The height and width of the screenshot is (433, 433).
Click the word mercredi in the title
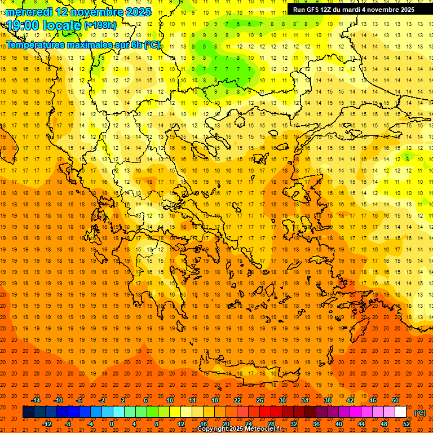(27, 12)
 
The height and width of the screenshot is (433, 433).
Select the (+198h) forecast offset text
(100, 25)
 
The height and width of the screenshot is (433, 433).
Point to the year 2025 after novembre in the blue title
(138, 12)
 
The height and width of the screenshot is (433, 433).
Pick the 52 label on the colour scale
(406, 423)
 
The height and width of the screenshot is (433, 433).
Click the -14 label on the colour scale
(36, 400)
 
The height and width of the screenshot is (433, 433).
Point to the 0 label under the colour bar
(112, 423)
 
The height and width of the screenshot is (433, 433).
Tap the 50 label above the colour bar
(395, 400)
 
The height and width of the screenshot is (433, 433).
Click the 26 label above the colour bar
(260, 400)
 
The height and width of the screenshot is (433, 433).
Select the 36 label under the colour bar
(316, 423)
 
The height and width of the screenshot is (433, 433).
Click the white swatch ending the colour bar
(400, 412)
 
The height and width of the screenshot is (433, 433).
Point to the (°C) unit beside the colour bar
(420, 413)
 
